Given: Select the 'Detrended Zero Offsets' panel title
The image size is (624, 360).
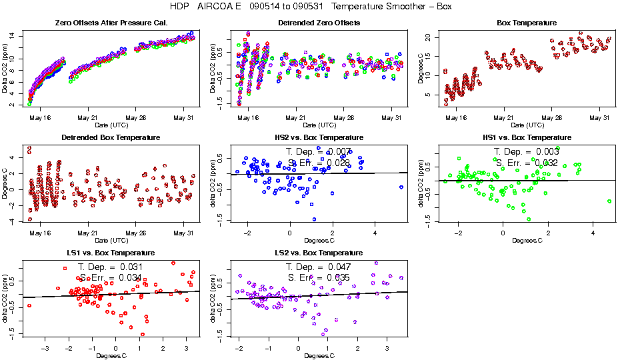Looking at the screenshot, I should click(x=319, y=23).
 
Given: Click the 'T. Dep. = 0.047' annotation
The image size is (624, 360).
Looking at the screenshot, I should click(x=319, y=267).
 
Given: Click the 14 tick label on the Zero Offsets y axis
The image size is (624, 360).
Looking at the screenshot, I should click(x=13, y=35).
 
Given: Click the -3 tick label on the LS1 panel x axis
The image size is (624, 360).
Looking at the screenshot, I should click(x=45, y=348).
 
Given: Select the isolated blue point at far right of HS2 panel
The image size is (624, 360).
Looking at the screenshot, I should click(x=401, y=187).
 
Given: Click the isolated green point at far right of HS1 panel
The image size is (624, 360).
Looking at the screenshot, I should click(x=609, y=201).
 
